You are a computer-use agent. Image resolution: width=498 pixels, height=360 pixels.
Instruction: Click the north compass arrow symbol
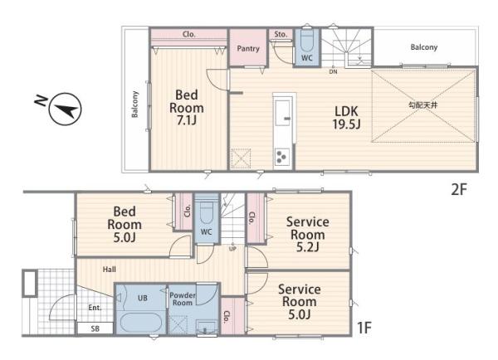coord(65,109)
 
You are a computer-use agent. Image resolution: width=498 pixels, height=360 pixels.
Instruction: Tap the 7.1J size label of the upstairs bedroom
coord(187,120)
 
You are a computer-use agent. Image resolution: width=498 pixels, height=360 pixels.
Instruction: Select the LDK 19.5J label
coord(346,118)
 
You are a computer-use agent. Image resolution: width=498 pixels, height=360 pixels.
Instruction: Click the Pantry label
coord(248,49)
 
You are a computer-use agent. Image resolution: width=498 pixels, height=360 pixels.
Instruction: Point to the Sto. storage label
coord(281,34)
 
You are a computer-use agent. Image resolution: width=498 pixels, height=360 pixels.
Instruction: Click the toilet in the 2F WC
coord(307,41)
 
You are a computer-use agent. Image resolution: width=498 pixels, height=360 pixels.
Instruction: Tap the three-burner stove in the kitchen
coord(281,157)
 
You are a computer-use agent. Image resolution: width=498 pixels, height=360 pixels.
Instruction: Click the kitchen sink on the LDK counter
coord(283,113)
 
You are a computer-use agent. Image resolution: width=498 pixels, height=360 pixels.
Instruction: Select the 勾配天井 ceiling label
coord(422,105)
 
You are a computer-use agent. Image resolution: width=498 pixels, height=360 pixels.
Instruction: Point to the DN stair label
coord(333,72)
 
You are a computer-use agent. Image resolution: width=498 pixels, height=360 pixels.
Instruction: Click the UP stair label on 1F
coord(232,249)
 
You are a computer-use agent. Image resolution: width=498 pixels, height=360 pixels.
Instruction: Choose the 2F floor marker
coord(459,189)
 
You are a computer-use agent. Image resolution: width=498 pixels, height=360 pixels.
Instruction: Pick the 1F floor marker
coord(364,328)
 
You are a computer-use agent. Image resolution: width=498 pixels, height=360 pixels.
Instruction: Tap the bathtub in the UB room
coord(141,323)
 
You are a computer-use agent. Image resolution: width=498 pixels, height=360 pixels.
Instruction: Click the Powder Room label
coord(183,299)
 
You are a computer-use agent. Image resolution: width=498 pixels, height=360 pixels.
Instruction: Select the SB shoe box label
coord(95,328)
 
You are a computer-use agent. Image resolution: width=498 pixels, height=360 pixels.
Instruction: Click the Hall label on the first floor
coord(109,270)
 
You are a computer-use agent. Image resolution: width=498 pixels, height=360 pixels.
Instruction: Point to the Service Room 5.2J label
coord(307,234)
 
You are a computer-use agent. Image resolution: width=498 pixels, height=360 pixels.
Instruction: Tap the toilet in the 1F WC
coord(207,212)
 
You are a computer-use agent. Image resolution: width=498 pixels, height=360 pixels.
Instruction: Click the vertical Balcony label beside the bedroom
coord(135,105)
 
